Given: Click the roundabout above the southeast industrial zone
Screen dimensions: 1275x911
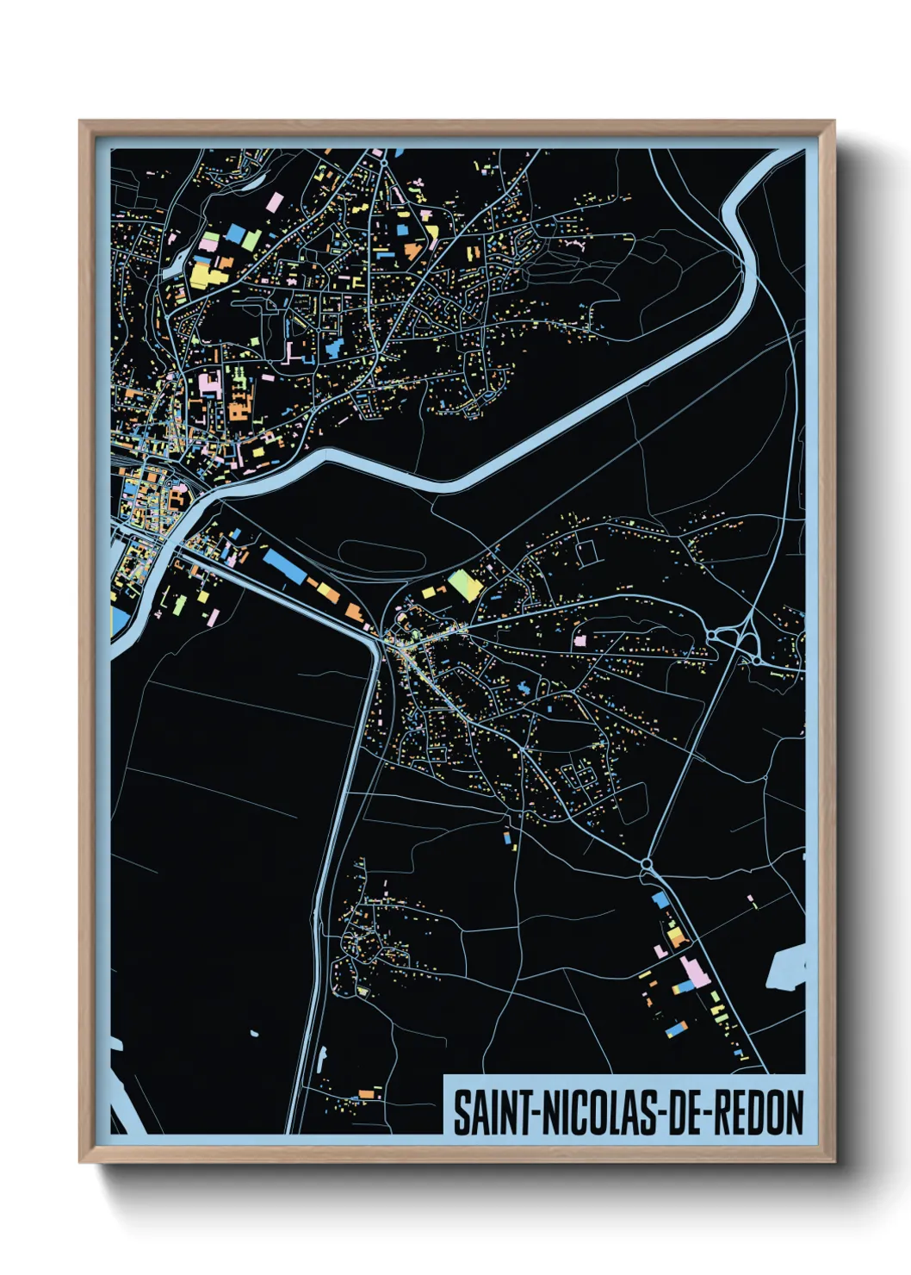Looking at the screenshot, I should pyautogui.click(x=646, y=862).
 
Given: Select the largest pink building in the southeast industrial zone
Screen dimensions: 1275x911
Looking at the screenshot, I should pyautogui.click(x=694, y=973).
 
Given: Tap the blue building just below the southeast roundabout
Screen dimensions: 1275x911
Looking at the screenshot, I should pyautogui.click(x=660, y=899).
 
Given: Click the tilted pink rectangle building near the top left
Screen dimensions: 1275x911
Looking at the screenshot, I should pyautogui.click(x=275, y=202).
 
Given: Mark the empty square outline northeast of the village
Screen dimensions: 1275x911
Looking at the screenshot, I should pyautogui.click(x=587, y=552).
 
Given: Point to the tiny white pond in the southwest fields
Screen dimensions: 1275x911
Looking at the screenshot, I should pyautogui.click(x=254, y=1032).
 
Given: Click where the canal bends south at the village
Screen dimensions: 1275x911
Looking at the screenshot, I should pyautogui.click(x=375, y=641).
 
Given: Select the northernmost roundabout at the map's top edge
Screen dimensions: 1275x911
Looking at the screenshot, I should pyautogui.click(x=382, y=160).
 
